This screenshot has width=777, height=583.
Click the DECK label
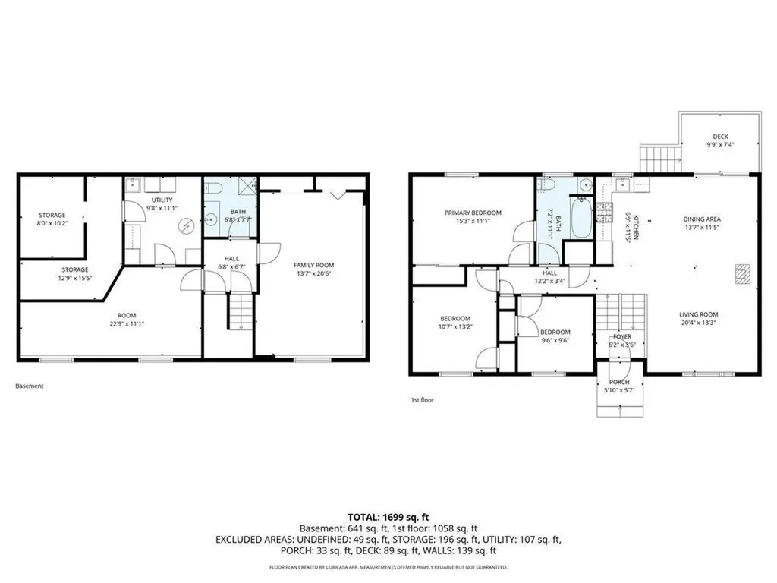tap(720, 137)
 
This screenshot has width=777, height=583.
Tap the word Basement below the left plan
tap(30, 386)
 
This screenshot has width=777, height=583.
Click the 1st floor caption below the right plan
tap(422, 399)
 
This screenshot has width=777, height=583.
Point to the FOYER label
tap(621, 336)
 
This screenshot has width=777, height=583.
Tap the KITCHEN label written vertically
tap(637, 225)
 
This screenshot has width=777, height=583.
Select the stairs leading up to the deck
tap(658, 159)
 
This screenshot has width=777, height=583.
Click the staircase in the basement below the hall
tap(240, 312)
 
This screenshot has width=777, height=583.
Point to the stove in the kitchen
tap(606, 213)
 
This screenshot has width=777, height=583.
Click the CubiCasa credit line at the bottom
tap(388, 567)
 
